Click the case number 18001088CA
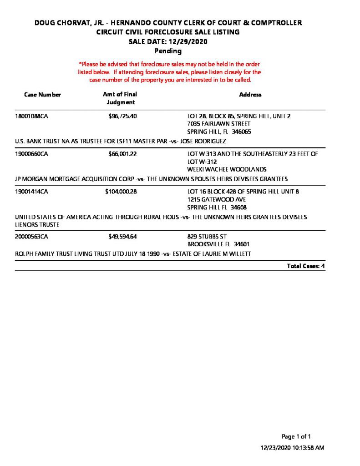click(32, 116)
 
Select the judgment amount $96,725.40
click(122, 116)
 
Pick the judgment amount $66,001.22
click(122, 154)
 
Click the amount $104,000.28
click(121, 192)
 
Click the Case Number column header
click(42, 95)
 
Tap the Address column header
click(250, 95)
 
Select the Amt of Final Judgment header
click(120, 98)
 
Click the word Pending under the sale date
click(168, 51)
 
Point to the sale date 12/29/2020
click(187, 41)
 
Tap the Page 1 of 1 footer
click(296, 436)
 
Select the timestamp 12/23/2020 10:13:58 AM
click(292, 448)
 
